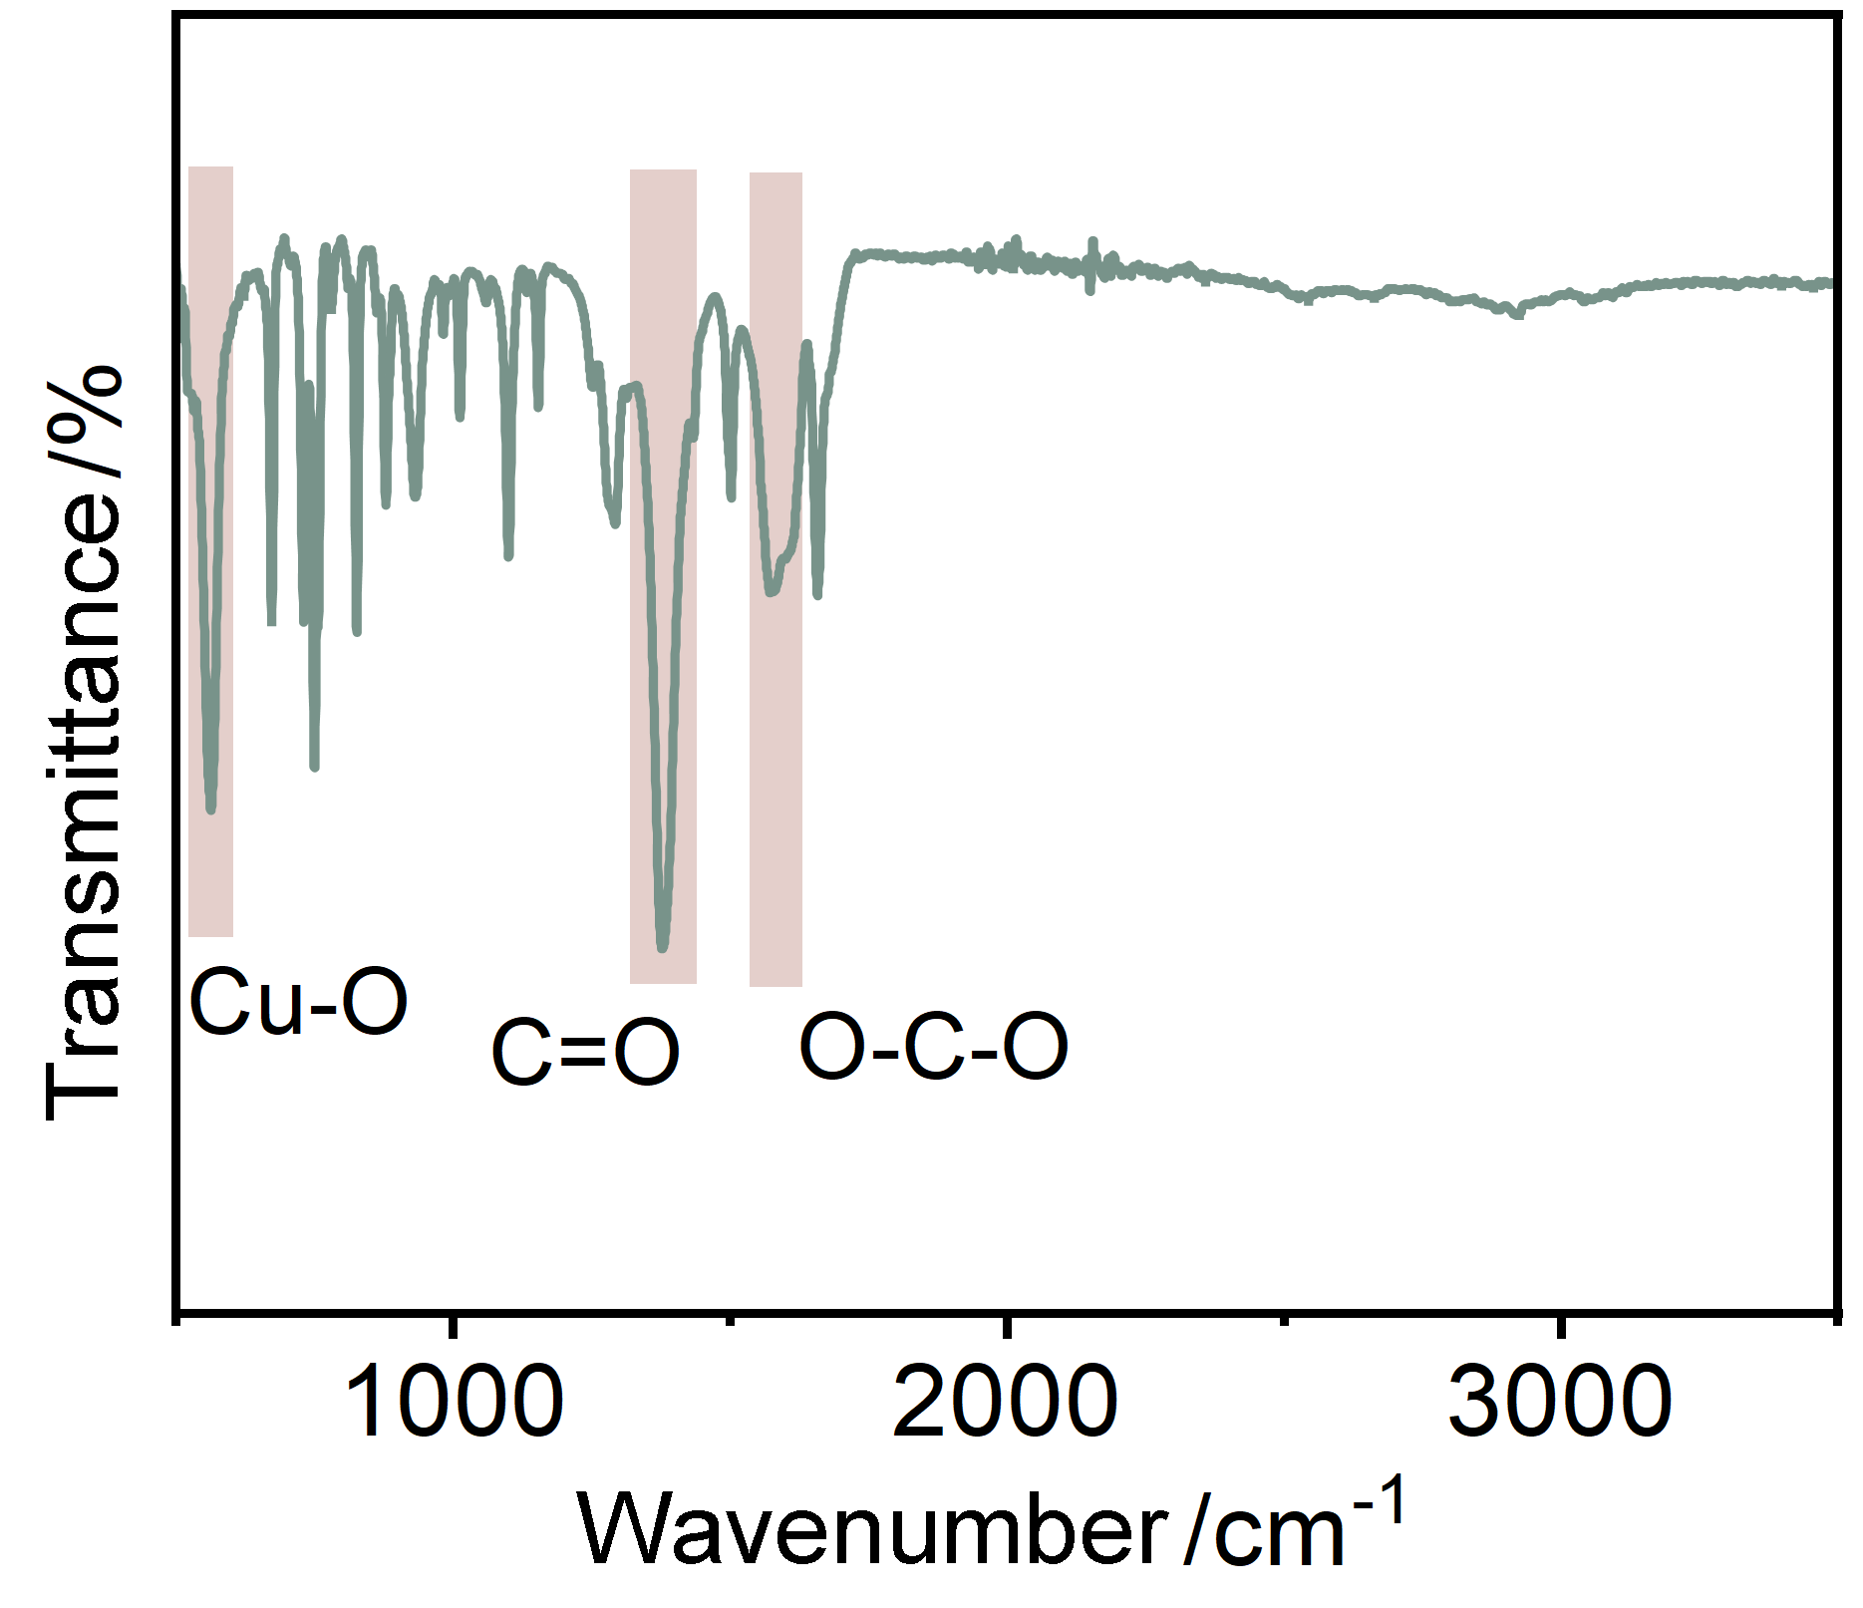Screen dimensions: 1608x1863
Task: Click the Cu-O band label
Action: point(298,1002)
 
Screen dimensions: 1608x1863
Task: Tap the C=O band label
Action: point(585,1053)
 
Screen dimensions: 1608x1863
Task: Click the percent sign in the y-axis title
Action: point(85,409)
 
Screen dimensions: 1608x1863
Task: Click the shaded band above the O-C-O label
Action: point(776,579)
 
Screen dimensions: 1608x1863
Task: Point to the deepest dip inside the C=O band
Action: point(663,947)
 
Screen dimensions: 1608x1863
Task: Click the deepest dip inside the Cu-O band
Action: point(210,808)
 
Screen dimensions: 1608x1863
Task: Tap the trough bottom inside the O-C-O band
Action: point(771,592)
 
